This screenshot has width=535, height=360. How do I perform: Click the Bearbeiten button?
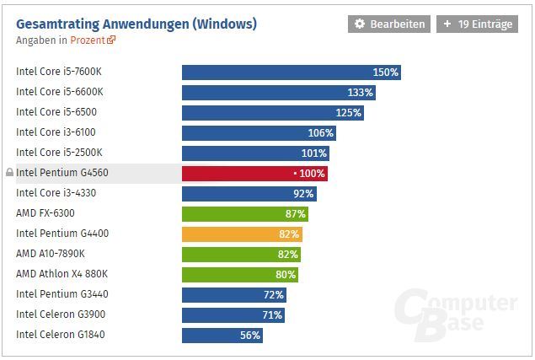click(x=388, y=24)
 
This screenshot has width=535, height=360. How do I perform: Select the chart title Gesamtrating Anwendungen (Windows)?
click(x=136, y=23)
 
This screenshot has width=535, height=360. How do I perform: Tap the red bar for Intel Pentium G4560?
click(x=254, y=173)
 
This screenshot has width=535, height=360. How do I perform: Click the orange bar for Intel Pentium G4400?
click(x=242, y=234)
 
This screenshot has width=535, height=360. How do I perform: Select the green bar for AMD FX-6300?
click(x=244, y=213)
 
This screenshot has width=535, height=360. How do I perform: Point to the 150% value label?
click(x=385, y=73)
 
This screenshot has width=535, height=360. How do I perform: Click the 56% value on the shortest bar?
click(x=250, y=335)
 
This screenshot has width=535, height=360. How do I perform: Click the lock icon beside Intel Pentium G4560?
click(x=9, y=173)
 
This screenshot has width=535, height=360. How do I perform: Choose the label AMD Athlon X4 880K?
click(x=62, y=274)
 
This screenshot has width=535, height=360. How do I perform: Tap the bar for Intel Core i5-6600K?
click(x=278, y=92)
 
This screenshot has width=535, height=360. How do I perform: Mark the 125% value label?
click(x=348, y=113)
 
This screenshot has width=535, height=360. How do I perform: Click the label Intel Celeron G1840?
click(x=61, y=335)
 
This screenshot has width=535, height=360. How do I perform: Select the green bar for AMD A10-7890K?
click(x=241, y=254)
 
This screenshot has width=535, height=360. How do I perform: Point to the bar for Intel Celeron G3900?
click(x=233, y=314)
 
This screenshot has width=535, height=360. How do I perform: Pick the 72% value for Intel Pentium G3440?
click(x=274, y=294)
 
